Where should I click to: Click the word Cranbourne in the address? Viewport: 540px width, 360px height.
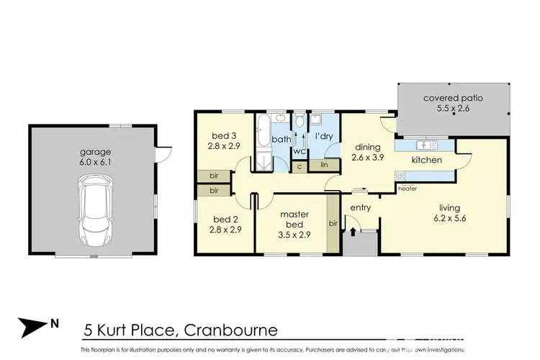[231, 331]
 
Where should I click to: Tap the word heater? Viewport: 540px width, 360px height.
[407, 189]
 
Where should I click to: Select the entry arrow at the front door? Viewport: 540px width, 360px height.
[353, 231]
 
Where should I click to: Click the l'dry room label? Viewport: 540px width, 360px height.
[322, 136]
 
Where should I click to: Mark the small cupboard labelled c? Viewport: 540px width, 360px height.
[300, 166]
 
